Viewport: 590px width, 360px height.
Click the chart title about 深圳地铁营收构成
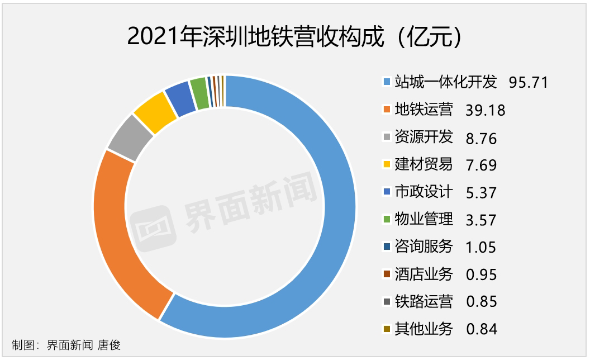[295, 37]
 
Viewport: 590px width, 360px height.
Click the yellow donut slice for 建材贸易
[151, 111]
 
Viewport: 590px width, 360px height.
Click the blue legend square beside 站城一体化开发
[387, 83]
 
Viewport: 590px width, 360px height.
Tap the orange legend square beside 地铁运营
[387, 110]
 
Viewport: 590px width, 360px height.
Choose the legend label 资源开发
[424, 138]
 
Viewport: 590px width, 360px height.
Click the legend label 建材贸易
[424, 165]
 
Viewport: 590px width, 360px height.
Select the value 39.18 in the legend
[485, 110]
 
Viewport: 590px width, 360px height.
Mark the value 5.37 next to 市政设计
[480, 192]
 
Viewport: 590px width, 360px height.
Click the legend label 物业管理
[424, 220]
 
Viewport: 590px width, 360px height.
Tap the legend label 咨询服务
[424, 247]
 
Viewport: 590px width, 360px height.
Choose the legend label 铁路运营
[424, 302]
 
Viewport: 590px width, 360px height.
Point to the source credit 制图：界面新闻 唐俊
[66, 345]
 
